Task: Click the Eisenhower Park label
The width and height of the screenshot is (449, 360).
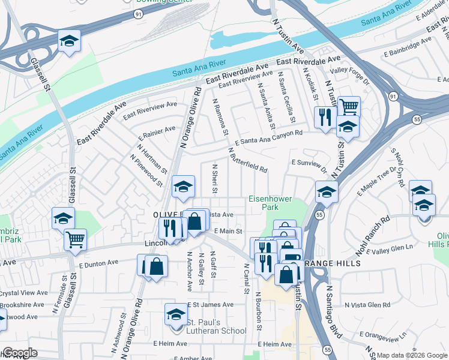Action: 264,203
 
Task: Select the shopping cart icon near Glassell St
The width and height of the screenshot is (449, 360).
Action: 76,239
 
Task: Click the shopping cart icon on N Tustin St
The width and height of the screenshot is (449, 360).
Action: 349,107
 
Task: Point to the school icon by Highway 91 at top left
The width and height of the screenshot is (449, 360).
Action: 70,41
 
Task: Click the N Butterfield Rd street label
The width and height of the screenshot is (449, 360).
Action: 247,160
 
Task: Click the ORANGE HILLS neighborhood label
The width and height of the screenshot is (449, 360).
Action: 333,263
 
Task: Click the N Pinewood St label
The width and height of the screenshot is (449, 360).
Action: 146,170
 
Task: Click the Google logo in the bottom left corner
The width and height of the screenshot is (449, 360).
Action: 19,353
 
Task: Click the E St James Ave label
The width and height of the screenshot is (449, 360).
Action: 210,305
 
